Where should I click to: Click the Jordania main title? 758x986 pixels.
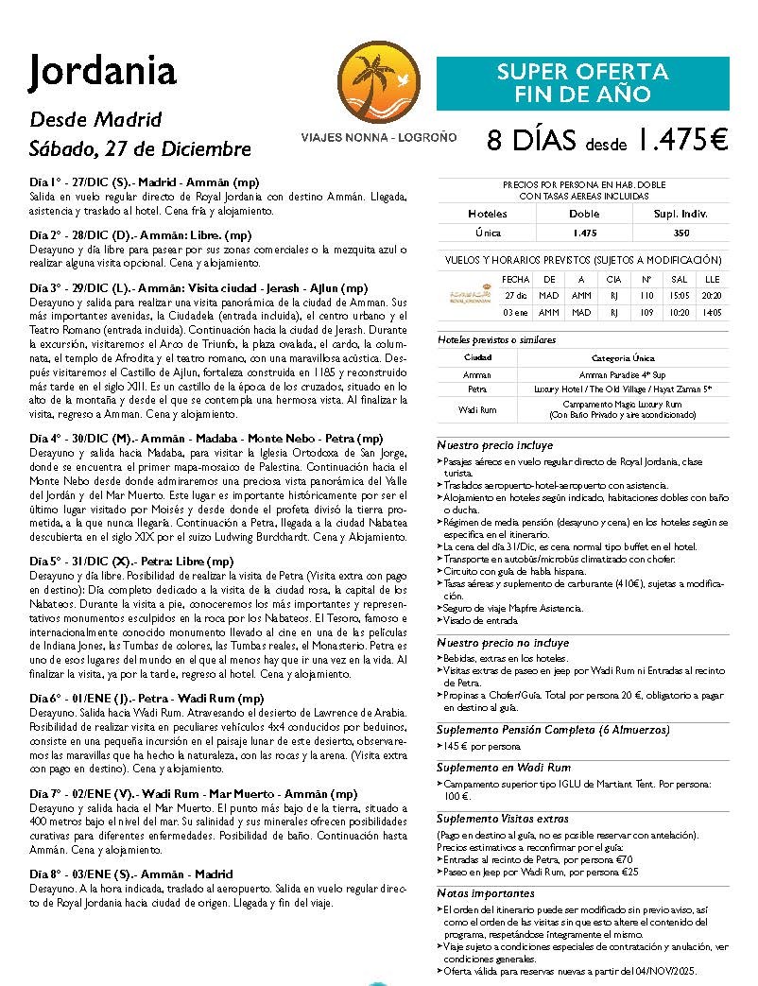coord(103,71)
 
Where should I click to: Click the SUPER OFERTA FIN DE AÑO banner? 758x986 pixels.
coord(582,83)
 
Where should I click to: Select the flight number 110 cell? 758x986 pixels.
coord(647,295)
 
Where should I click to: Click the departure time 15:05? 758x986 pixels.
coord(679,295)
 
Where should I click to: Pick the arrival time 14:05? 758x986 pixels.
coord(712,312)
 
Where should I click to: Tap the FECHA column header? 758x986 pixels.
coord(516,279)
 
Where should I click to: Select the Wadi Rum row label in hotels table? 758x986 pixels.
coord(477,408)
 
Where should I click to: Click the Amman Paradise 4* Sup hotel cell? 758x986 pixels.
coord(624,374)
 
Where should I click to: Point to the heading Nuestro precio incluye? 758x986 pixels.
coord(495,445)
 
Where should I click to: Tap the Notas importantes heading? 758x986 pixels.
coord(486,893)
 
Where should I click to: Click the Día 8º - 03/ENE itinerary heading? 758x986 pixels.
coord(130,874)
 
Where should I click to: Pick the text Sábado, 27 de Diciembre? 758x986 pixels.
coord(141,149)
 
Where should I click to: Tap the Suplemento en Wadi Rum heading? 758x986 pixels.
coord(504,769)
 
